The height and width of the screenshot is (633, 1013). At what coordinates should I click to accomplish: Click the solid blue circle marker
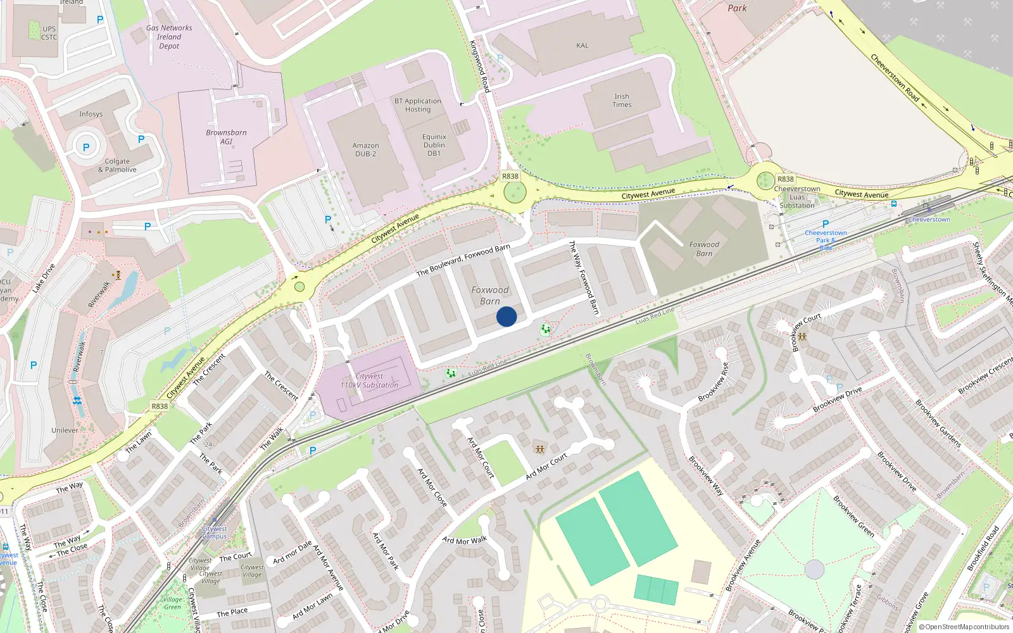pyautogui.click(x=507, y=316)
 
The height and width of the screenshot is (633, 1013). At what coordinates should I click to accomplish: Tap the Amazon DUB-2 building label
pyautogui.click(x=365, y=150)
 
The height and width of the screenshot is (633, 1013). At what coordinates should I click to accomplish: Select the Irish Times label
pyautogui.click(x=622, y=101)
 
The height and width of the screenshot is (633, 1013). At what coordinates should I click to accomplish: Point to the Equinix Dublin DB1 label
pyautogui.click(x=434, y=145)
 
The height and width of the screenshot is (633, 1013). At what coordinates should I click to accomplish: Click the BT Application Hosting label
pyautogui.click(x=418, y=105)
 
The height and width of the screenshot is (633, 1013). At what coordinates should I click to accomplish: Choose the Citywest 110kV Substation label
pyautogui.click(x=369, y=380)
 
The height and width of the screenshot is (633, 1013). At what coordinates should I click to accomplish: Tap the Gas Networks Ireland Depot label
pyautogui.click(x=169, y=37)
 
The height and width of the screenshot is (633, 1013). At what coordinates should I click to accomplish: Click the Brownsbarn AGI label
pyautogui.click(x=226, y=137)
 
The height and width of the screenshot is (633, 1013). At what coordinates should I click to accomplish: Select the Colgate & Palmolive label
pyautogui.click(x=117, y=165)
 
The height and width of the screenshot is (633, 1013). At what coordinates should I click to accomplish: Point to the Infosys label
pyautogui.click(x=91, y=115)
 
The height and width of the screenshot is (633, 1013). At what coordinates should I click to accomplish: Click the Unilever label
pyautogui.click(x=65, y=430)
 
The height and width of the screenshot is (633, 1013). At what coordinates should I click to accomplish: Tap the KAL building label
pyautogui.click(x=582, y=46)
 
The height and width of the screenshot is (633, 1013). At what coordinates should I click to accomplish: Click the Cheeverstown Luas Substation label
pyautogui.click(x=797, y=197)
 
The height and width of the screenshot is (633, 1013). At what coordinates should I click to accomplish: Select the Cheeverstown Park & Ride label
pyautogui.click(x=826, y=240)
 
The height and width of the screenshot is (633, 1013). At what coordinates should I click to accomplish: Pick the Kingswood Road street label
pyautogui.click(x=480, y=66)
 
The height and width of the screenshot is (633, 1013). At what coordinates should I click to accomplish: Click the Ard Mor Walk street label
pyautogui.click(x=465, y=541)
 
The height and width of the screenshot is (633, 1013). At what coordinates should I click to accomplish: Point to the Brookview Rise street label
pyautogui.click(x=714, y=382)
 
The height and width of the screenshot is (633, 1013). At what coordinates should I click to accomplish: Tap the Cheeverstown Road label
pyautogui.click(x=895, y=77)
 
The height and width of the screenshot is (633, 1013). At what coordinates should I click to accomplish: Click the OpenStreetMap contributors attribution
pyautogui.click(x=964, y=627)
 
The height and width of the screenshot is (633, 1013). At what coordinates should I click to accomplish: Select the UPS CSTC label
pyautogui.click(x=49, y=33)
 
